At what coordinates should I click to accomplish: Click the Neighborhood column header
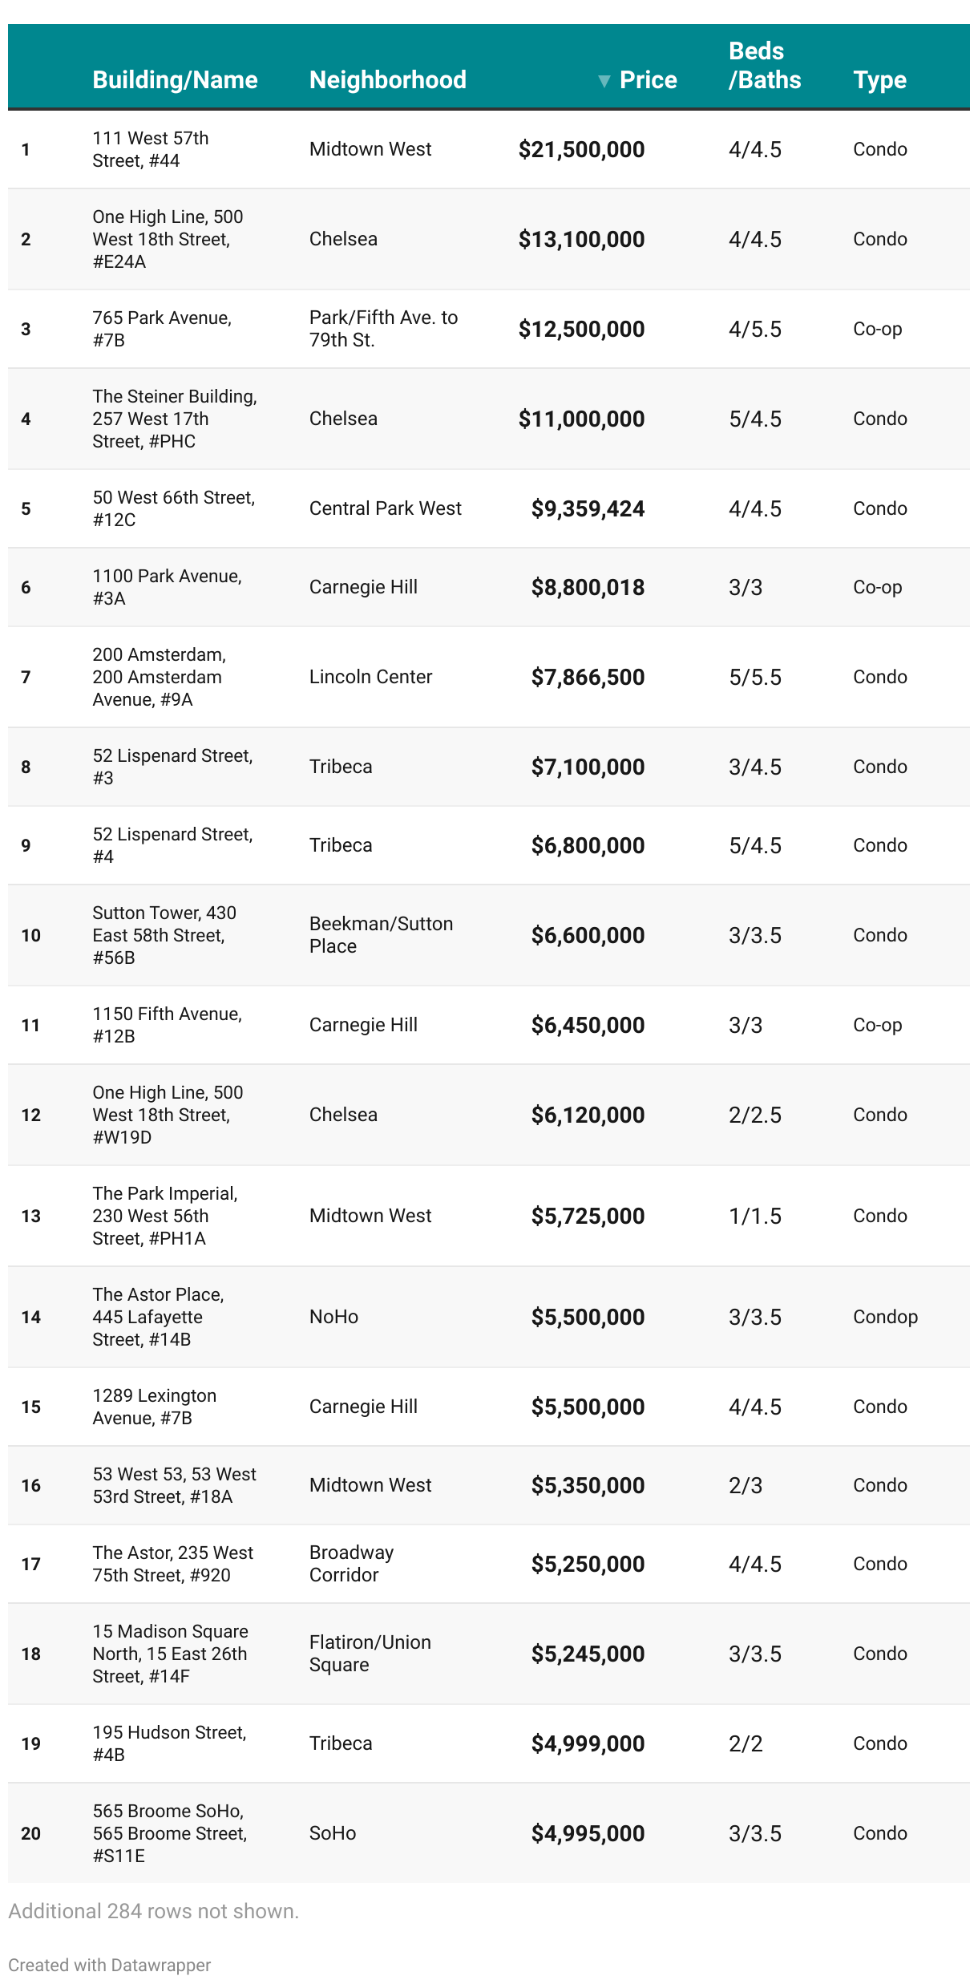387,79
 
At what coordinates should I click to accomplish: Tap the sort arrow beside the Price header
604,80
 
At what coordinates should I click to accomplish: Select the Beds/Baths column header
764,66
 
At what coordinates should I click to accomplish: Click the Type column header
879,79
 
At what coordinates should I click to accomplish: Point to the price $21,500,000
581,150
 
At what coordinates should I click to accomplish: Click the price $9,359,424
588,509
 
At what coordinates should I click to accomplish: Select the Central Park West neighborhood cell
385,508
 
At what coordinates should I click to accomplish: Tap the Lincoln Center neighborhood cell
370,677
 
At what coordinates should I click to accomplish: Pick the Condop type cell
885,1317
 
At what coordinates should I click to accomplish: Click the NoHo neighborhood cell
333,1317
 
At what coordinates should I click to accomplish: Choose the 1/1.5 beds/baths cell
754,1216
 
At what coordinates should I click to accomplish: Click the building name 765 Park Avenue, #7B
161,329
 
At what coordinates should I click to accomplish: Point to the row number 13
30,1216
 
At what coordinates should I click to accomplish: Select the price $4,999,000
588,1743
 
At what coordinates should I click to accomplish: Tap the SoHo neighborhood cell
333,1833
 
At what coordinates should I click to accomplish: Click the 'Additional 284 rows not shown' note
153,1911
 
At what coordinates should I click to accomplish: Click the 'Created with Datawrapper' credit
110,1965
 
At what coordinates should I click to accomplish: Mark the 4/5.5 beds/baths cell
754,329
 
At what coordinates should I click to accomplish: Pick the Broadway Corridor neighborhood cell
351,1564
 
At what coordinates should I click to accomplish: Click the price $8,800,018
588,588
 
